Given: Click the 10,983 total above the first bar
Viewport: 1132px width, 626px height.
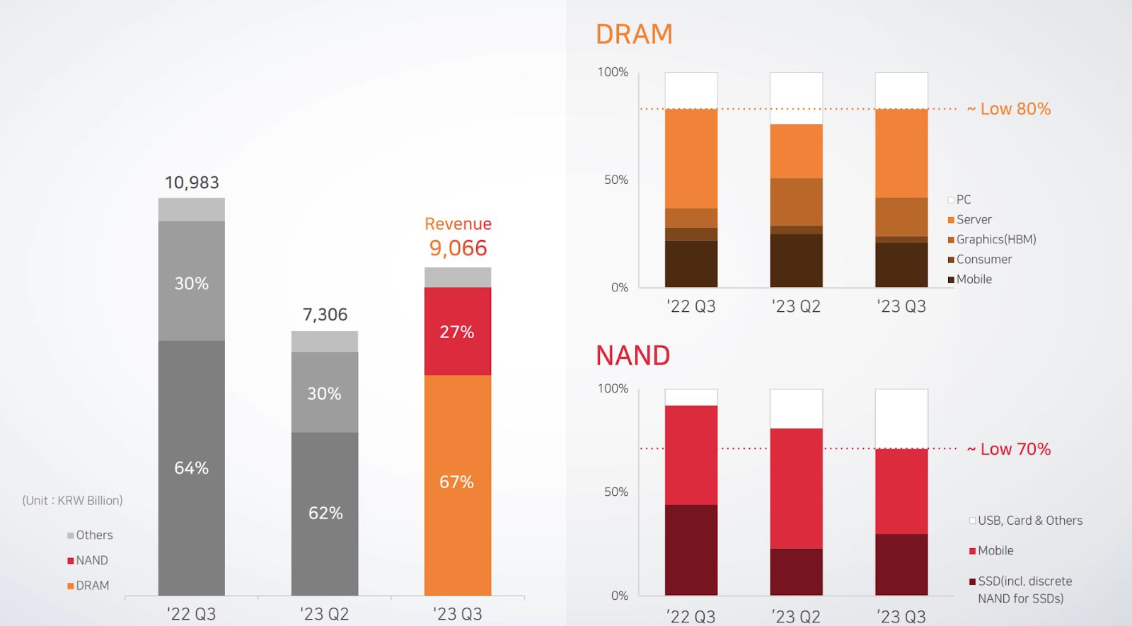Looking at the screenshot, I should pyautogui.click(x=192, y=182).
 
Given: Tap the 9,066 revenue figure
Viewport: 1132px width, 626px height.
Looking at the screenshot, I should pyautogui.click(x=458, y=248).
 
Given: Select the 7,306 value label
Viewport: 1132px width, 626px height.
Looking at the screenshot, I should pyautogui.click(x=325, y=315).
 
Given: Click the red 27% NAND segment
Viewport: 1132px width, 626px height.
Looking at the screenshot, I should pyautogui.click(x=457, y=332).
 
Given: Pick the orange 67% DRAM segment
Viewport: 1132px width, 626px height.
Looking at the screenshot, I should pyautogui.click(x=457, y=482).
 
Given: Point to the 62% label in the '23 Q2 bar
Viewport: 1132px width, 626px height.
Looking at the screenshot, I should pyautogui.click(x=325, y=513).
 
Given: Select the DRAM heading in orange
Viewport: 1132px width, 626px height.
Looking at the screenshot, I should pyautogui.click(x=634, y=35).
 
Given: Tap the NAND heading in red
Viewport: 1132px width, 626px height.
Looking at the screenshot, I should pyautogui.click(x=633, y=356).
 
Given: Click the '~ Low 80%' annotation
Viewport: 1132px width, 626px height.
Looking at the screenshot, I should pyautogui.click(x=1009, y=109).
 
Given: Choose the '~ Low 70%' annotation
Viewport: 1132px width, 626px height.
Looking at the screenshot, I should pyautogui.click(x=1009, y=449).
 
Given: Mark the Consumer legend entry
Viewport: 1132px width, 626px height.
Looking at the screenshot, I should pyautogui.click(x=983, y=260).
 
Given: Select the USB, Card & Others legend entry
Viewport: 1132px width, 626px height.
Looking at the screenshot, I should pyautogui.click(x=1029, y=521).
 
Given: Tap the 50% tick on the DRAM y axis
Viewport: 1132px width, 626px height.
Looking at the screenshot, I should pyautogui.click(x=616, y=180).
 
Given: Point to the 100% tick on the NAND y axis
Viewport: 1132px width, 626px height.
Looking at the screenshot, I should pyautogui.click(x=613, y=388).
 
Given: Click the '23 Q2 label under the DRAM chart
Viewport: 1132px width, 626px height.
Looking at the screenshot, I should pyautogui.click(x=796, y=306).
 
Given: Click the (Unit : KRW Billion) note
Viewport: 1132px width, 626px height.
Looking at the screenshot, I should pyautogui.click(x=72, y=501).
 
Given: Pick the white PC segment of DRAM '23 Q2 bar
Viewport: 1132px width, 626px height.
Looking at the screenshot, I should pyautogui.click(x=796, y=98).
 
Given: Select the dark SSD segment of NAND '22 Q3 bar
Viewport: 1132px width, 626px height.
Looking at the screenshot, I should pyautogui.click(x=691, y=550).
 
